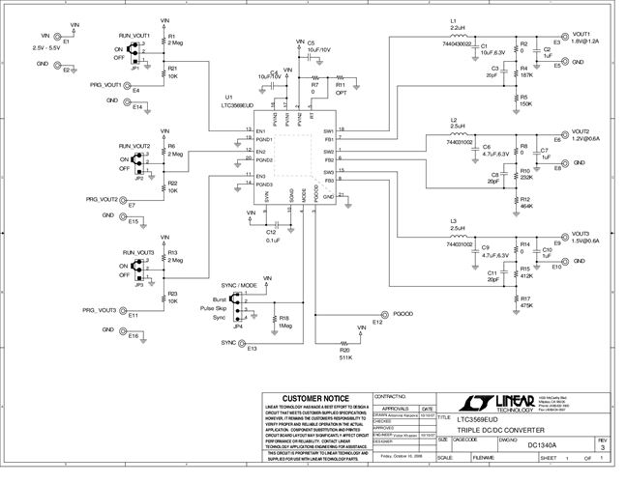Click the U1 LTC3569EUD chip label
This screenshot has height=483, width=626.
pos(235,101)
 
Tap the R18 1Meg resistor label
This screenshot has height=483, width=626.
pos(284,321)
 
